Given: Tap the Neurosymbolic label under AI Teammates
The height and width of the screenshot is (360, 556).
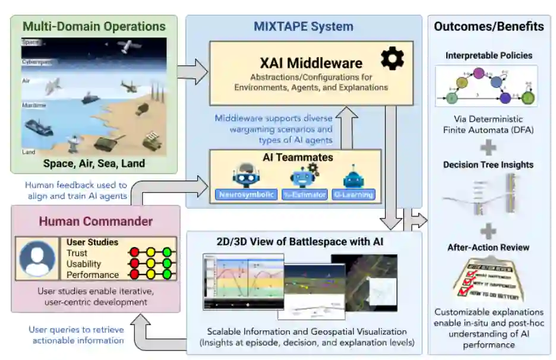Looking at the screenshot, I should (245, 195).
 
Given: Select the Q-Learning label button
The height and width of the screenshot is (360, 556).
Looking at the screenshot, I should (353, 195).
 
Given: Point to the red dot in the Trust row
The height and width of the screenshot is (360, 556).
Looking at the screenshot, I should (135, 253).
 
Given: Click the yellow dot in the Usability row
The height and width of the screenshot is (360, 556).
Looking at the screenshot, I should (151, 264).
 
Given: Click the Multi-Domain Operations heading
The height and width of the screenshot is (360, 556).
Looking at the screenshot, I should (94, 27).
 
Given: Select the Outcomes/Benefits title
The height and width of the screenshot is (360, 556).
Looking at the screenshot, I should (488, 27).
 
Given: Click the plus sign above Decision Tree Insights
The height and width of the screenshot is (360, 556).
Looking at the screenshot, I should (488, 146).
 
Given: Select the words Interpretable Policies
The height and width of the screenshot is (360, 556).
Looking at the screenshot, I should (488, 56).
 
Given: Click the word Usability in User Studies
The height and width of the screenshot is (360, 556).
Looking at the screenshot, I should (84, 264).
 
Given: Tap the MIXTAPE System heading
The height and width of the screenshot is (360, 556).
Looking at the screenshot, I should (303, 27).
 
